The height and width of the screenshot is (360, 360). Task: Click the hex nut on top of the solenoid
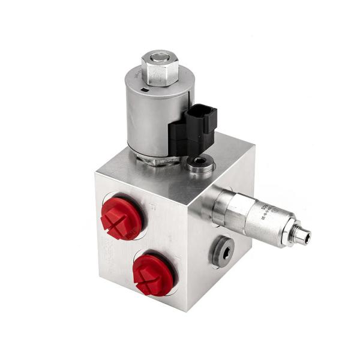[159, 67]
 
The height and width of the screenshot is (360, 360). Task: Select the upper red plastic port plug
[122, 217]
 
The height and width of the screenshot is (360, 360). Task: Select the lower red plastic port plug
[153, 274]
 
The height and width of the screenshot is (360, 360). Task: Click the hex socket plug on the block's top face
[200, 163]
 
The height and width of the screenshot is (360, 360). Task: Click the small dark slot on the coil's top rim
[145, 90]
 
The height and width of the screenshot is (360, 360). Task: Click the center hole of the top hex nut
[160, 58]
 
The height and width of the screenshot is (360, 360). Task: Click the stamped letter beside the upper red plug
[153, 205]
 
